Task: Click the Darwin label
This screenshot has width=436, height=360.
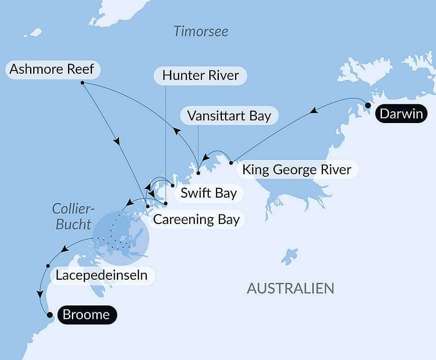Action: tap(401, 114)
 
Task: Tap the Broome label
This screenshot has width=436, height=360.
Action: tap(86, 315)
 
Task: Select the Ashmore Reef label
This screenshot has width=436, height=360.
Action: tap(52, 69)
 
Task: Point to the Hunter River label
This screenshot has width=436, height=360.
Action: tap(201, 75)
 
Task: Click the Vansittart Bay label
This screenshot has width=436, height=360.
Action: tap(229, 116)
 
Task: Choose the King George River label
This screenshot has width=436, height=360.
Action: tap(296, 169)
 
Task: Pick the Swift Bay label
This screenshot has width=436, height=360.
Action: tap(208, 193)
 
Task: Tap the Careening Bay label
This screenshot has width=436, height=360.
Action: tap(196, 219)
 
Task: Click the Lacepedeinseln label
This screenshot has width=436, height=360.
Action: tap(101, 276)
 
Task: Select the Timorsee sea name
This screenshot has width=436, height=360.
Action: tap(201, 31)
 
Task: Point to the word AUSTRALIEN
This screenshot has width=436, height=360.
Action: tap(290, 288)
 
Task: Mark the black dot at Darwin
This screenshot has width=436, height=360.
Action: tap(368, 105)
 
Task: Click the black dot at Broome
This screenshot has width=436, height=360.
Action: tap(50, 315)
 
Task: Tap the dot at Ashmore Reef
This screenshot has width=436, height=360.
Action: tap(82, 82)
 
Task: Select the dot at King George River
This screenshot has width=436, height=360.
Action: tap(231, 163)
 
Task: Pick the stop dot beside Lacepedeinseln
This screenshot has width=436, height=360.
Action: tap(48, 265)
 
